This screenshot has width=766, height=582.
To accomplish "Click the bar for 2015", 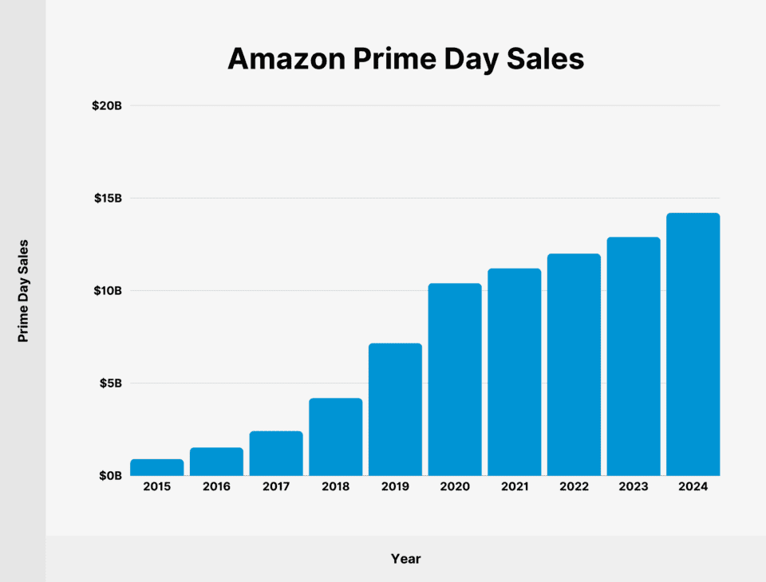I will tap(156, 467).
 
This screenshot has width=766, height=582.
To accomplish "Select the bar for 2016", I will tap(216, 462).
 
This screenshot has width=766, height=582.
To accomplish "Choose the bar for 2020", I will tap(455, 379).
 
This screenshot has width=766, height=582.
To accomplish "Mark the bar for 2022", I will tap(574, 364).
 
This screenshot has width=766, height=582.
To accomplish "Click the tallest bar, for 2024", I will tap(693, 344).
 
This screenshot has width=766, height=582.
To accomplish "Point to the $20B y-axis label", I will tap(107, 105).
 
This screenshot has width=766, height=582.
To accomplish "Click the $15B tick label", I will tap(107, 198).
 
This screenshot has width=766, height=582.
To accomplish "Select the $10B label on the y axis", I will tap(107, 290).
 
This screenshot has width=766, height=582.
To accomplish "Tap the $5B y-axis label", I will tap(109, 383).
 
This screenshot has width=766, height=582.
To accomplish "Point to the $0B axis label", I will tap(109, 475).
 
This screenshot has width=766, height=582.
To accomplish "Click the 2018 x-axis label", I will tap(335, 486).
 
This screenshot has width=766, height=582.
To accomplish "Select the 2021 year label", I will tap(514, 486).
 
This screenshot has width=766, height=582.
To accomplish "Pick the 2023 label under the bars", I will tap(633, 486).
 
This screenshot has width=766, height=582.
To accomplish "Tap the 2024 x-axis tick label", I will tap(693, 486).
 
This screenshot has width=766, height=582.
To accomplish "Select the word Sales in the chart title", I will tap(547, 59).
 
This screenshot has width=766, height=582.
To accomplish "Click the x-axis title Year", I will tap(405, 559).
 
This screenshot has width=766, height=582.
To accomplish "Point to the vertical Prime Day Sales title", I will tap(23, 290).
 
